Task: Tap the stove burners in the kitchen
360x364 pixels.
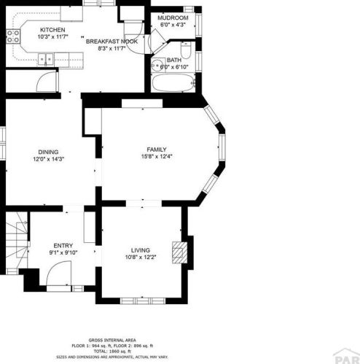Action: click(12, 36)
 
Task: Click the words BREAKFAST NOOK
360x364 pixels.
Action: click(112, 42)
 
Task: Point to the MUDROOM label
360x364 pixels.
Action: click(174, 18)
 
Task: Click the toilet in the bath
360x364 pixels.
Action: click(186, 52)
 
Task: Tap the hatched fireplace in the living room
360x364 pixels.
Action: click(178, 252)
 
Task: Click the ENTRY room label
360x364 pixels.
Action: click(63, 246)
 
